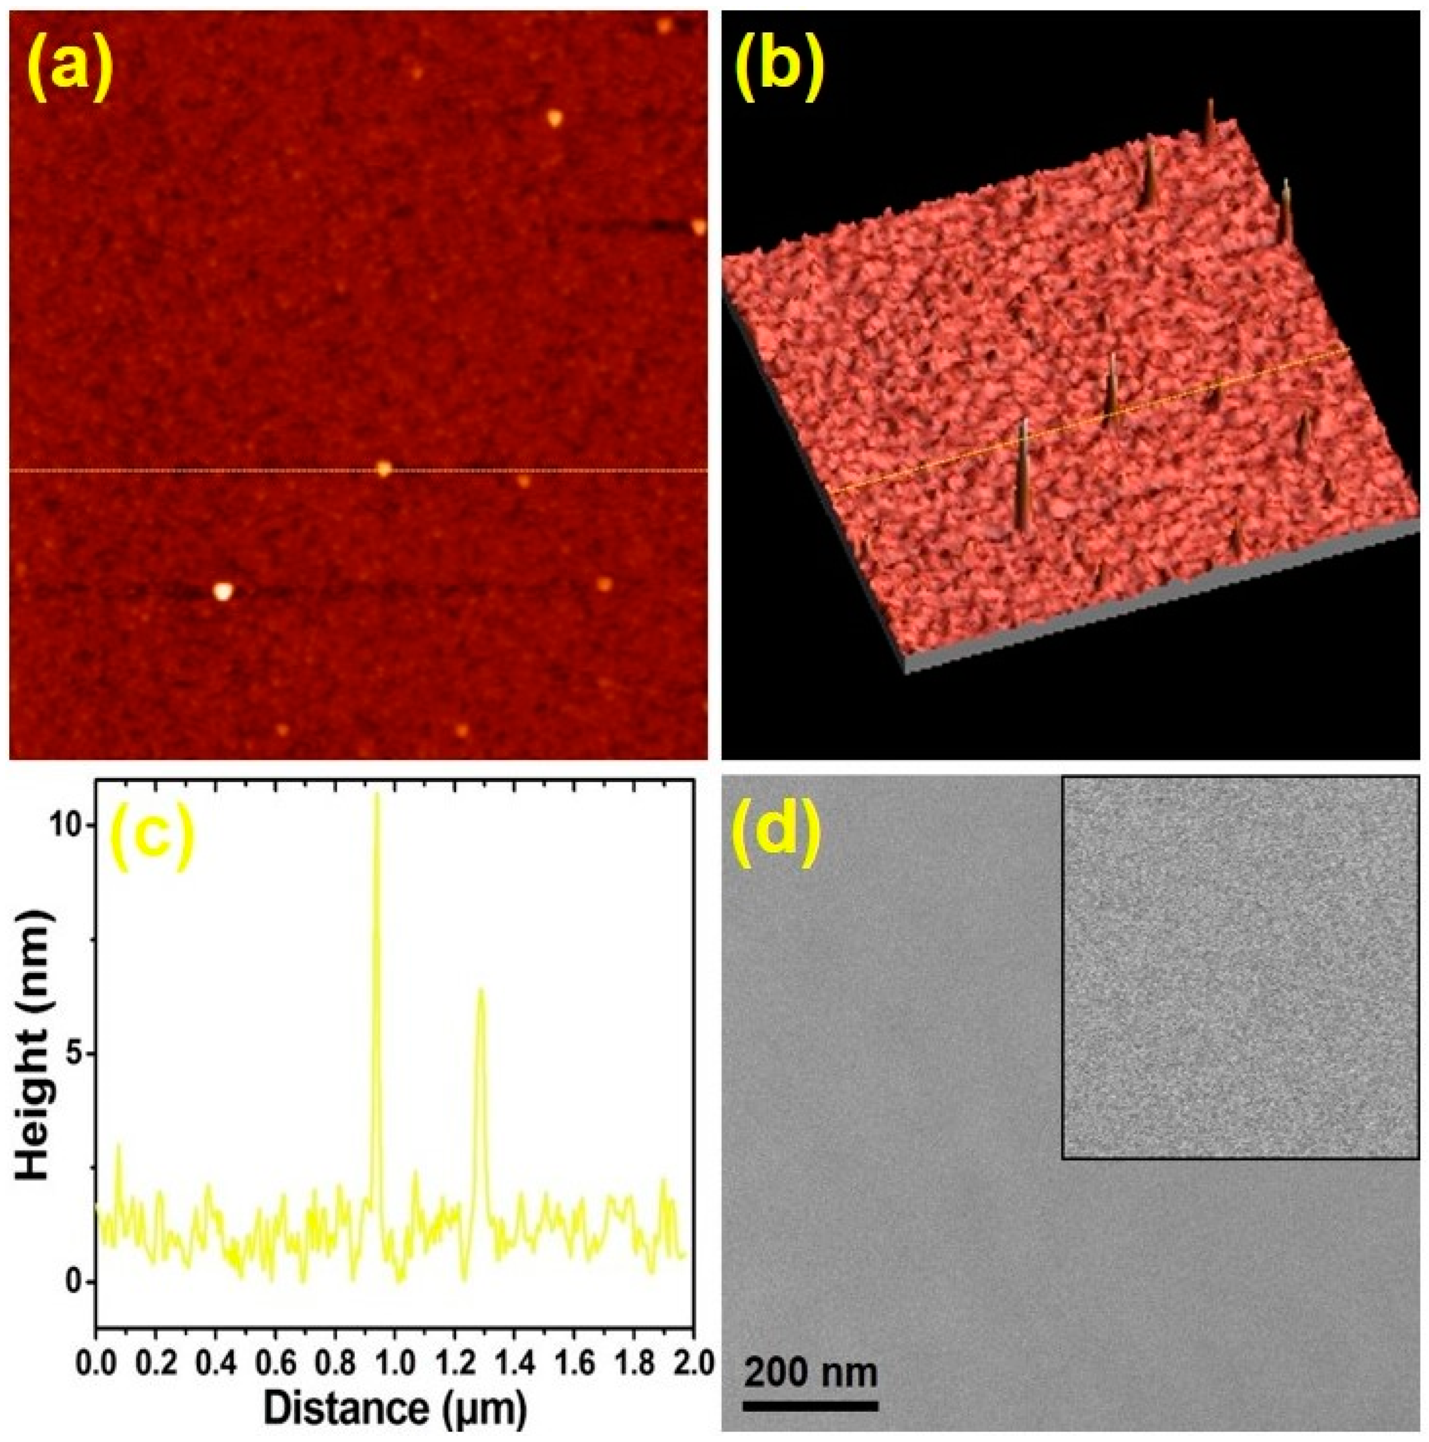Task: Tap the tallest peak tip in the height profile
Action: tap(377, 795)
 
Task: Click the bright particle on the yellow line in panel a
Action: tap(384, 469)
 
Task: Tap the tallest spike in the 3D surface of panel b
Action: tap(1021, 478)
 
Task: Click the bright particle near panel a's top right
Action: tap(553, 117)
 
